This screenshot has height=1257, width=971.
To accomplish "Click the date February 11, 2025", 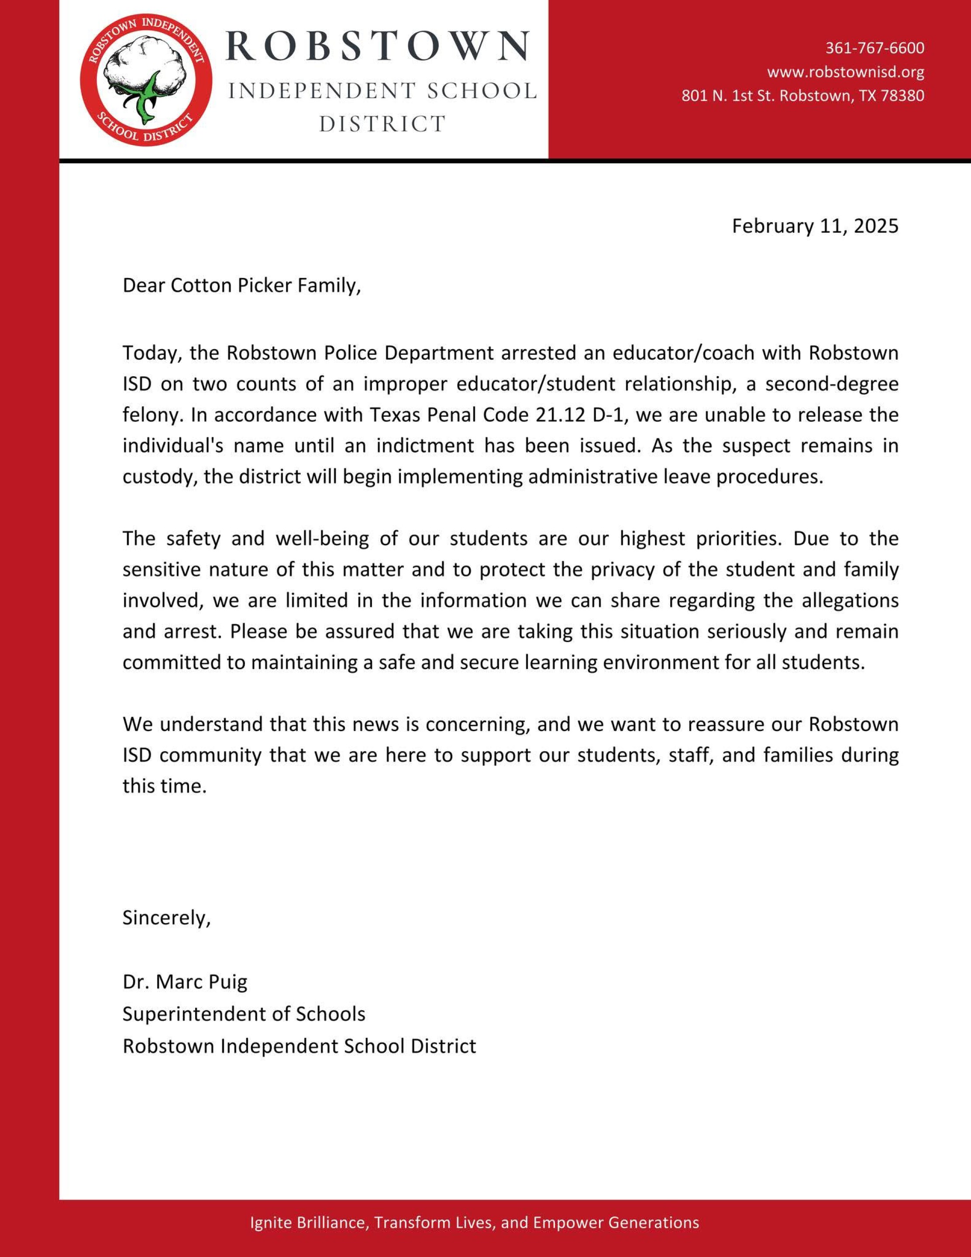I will click(814, 226).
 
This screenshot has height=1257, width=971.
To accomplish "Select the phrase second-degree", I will click(832, 384).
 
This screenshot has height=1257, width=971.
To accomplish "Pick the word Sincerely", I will click(166, 918).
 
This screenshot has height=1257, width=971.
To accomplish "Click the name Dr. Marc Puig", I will click(185, 982).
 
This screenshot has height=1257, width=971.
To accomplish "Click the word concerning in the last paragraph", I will click(477, 725).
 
